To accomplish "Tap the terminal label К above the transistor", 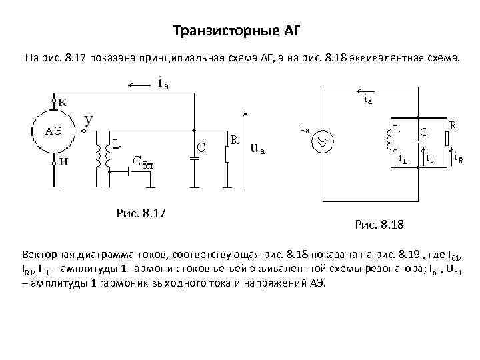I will coord(63,103).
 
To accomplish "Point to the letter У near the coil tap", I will coord(89,120).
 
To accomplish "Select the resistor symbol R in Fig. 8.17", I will coord(227,155).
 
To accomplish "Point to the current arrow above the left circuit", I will coord(138,85).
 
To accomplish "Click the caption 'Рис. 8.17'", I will coord(141,213).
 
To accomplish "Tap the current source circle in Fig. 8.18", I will coord(324,140).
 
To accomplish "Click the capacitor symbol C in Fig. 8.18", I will coord(417,141).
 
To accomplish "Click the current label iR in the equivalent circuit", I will coord(458,159).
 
